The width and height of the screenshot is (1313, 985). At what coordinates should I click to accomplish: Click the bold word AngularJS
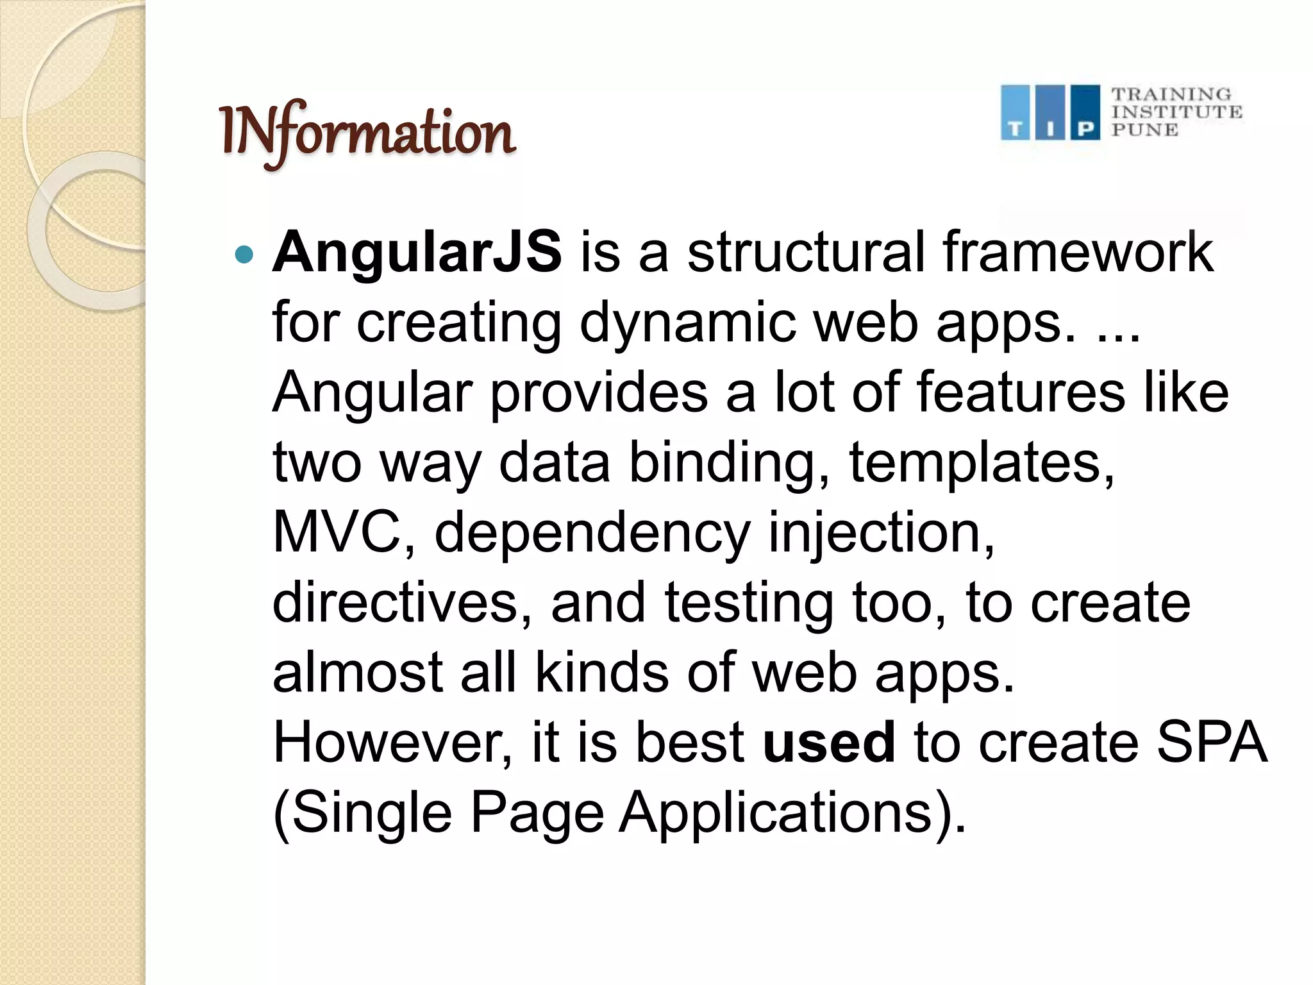(x=417, y=252)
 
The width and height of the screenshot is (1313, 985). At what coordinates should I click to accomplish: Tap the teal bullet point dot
(x=244, y=255)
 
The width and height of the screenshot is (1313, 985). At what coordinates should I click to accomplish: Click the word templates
(x=982, y=462)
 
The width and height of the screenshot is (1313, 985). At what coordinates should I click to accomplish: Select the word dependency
(x=592, y=534)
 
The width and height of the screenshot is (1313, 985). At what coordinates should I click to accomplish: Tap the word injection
(x=882, y=534)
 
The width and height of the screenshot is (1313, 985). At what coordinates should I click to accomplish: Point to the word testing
(x=749, y=603)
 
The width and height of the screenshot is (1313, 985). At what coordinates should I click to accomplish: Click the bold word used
(x=829, y=742)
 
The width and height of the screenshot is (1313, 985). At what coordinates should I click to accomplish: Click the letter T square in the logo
(x=1015, y=114)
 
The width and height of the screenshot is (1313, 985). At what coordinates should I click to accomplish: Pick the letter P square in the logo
(x=1085, y=114)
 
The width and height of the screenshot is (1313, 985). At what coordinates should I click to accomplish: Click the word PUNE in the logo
(x=1145, y=130)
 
